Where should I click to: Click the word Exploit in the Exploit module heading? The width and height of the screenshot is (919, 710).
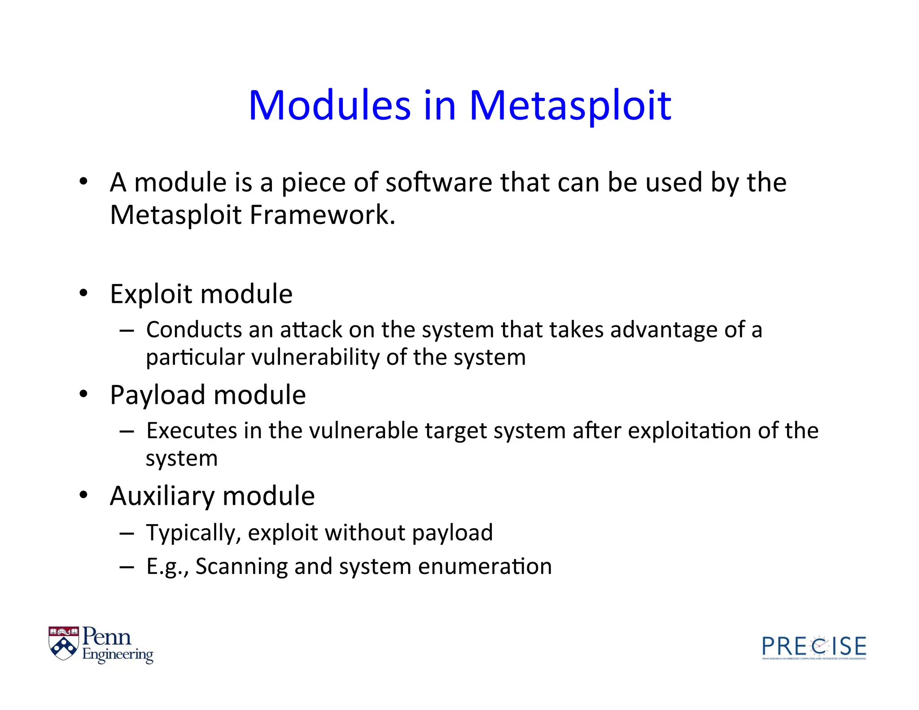[151, 294]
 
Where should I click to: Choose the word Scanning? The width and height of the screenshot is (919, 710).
[241, 566]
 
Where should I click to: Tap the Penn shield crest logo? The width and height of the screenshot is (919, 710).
[63, 643]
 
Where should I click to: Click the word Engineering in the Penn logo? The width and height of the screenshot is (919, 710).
[118, 655]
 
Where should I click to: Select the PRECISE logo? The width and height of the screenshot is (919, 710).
[814, 647]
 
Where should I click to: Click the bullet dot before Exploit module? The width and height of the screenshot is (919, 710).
[83, 293]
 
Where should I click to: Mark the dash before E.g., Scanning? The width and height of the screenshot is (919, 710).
[127, 566]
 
